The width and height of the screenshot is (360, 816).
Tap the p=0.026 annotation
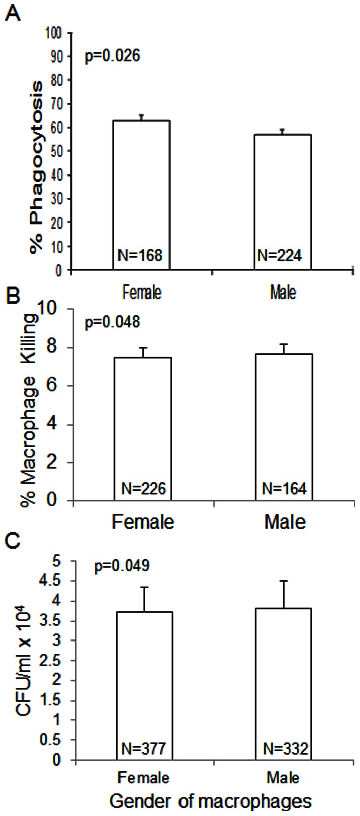point(111,54)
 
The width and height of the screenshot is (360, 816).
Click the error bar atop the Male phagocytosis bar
point(282,132)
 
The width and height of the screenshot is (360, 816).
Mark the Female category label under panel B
point(143,521)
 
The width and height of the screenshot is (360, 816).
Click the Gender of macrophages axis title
point(210,801)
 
